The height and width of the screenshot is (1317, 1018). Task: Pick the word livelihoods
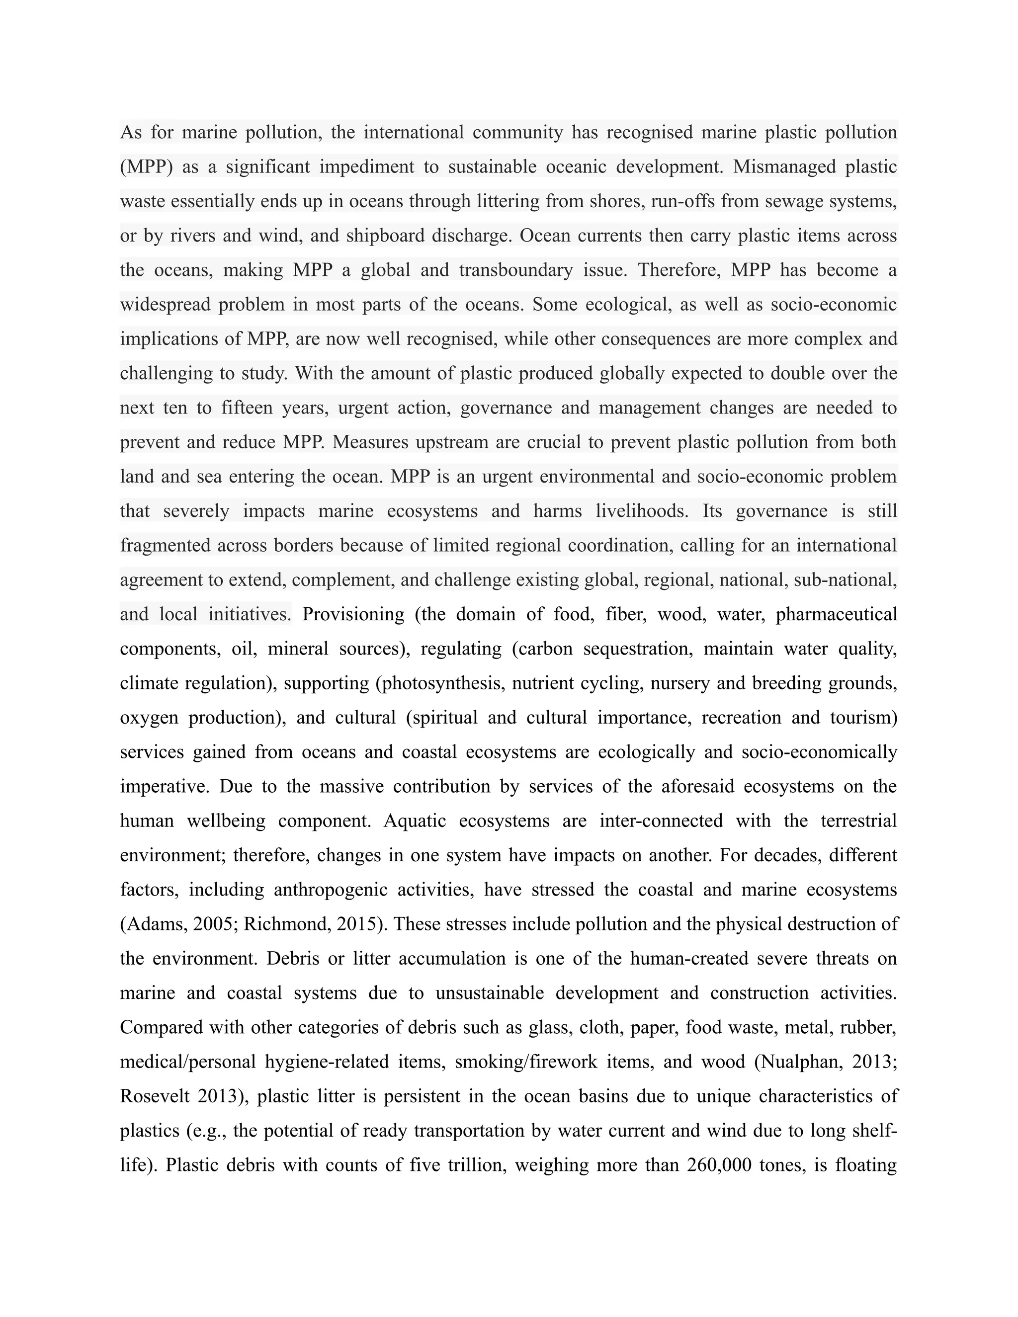642,511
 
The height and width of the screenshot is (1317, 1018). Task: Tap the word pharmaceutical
837,614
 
